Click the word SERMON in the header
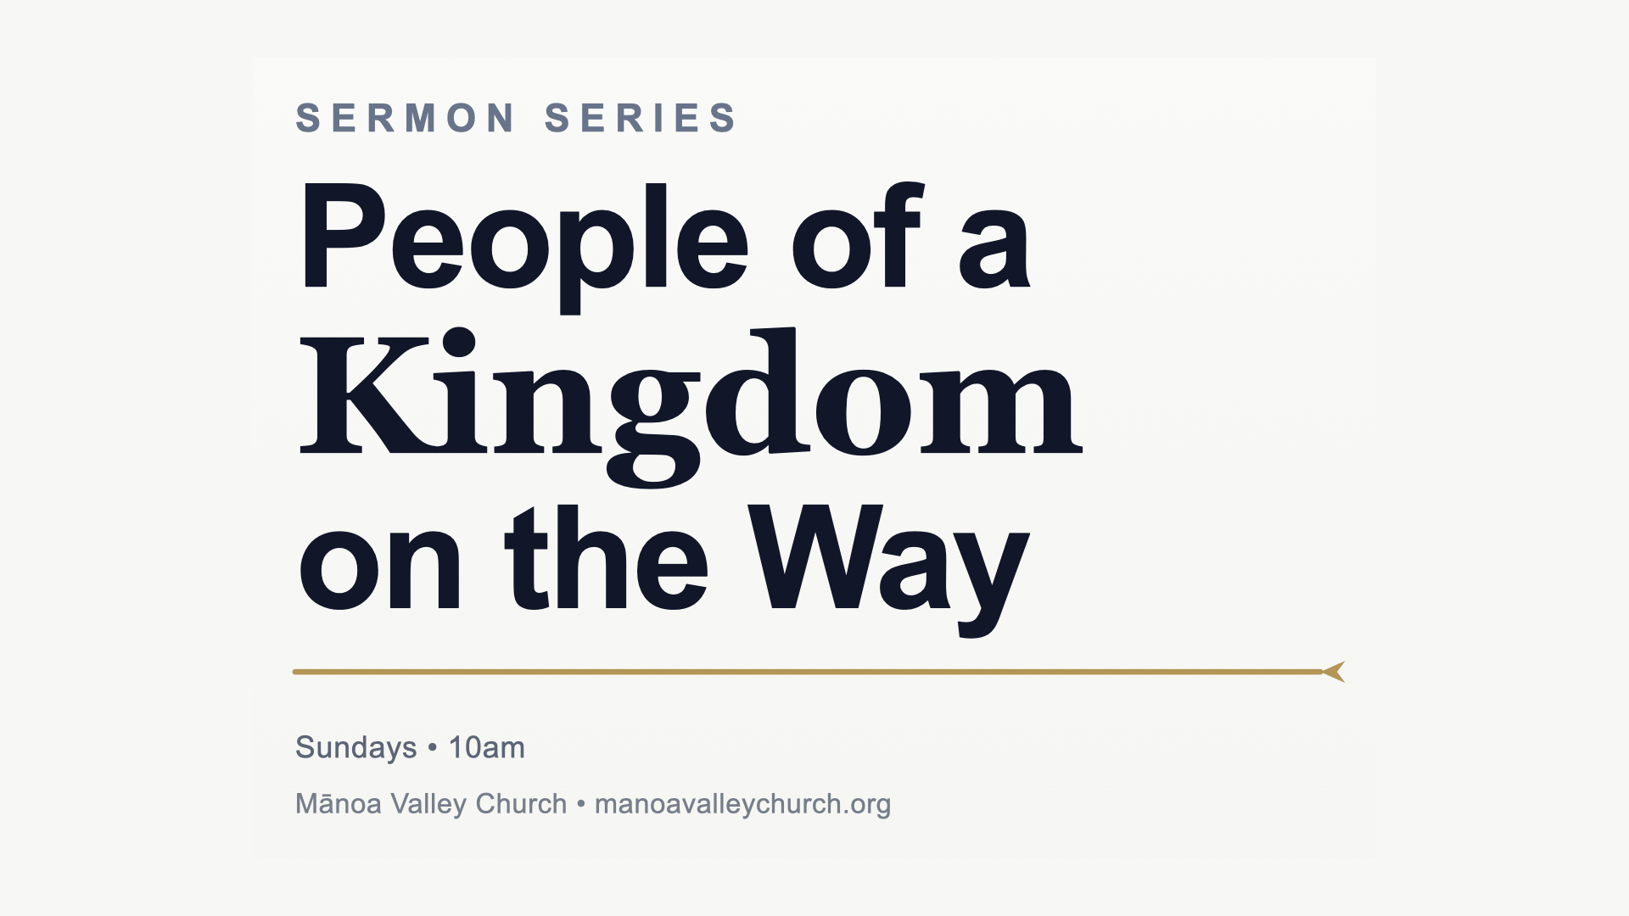point(406,118)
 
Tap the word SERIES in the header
point(641,118)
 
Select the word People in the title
point(524,246)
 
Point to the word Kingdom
point(691,407)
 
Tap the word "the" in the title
point(606,557)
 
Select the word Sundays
point(355,748)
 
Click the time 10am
point(486,747)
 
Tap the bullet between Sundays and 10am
point(433,747)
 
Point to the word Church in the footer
point(521,804)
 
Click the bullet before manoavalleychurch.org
point(581,803)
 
